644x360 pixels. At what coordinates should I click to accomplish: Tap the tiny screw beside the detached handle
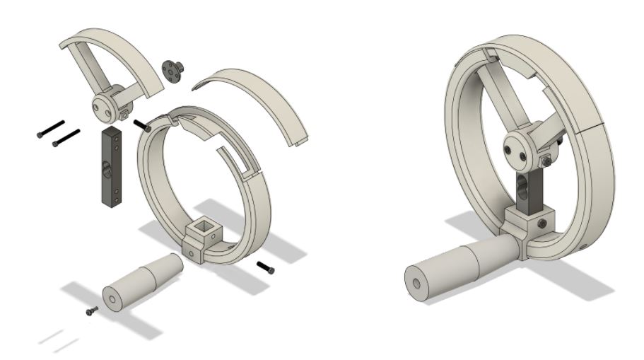[90, 310]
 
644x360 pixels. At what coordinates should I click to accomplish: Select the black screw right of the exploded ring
[266, 267]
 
